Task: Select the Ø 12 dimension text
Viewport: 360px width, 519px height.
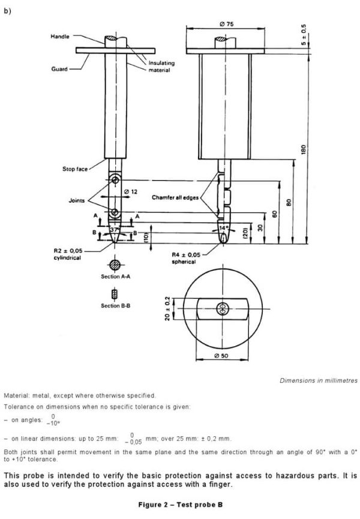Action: pos(130,191)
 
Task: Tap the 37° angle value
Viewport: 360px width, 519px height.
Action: pos(115,230)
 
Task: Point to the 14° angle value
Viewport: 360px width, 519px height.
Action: pos(224,229)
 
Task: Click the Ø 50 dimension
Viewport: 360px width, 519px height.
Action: pos(223,357)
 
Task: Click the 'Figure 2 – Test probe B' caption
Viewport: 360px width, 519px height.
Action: pos(180,505)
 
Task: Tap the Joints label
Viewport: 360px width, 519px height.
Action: pos(77,200)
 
